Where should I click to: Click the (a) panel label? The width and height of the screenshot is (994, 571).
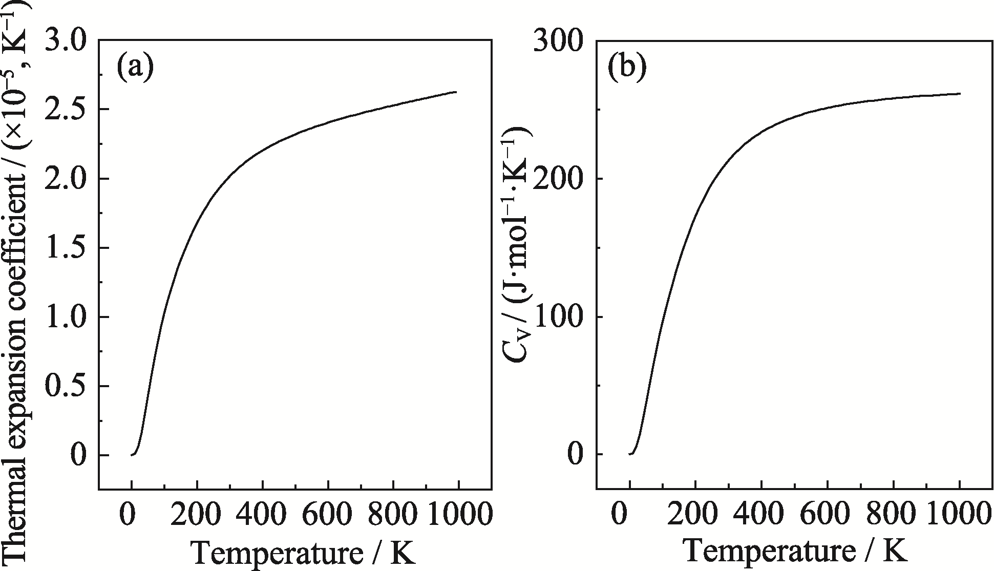coord(135,68)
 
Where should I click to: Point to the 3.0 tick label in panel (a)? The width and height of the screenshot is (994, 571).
coord(67,41)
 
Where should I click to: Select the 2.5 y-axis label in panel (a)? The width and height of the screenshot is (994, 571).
coord(67,110)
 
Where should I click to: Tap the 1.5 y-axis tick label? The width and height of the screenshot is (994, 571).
coord(67,248)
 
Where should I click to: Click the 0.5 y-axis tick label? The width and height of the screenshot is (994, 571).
coord(67,386)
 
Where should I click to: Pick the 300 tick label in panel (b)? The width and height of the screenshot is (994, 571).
coord(559,41)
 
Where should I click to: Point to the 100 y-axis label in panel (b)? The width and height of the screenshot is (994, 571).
coord(559,317)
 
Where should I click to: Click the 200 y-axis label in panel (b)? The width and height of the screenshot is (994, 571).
coord(559,179)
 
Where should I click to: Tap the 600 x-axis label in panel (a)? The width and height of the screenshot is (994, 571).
coord(328,516)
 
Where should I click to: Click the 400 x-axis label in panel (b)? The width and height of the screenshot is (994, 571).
coord(761,516)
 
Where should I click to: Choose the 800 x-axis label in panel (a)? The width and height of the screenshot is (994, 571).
coord(393,516)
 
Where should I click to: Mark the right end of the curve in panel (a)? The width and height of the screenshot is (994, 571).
coord(456,92)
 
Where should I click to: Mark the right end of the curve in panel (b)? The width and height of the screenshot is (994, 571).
coord(960,94)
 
